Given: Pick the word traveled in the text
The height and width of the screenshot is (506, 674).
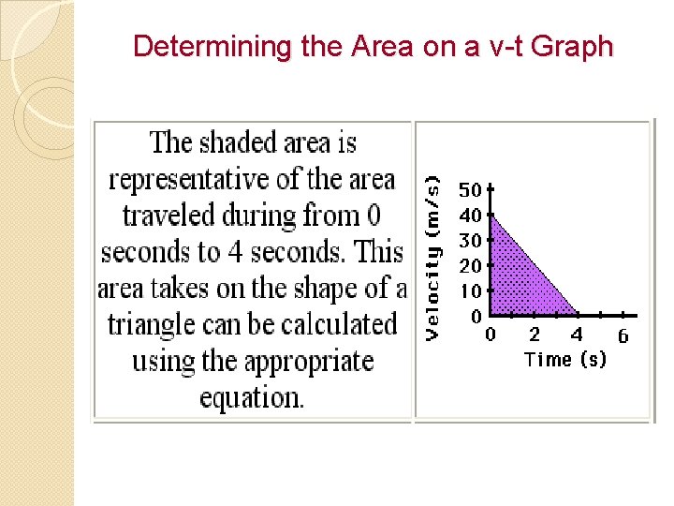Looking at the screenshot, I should (169, 216).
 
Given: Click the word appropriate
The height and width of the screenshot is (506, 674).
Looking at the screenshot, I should (309, 361).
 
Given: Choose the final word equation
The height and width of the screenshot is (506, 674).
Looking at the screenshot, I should (252, 397).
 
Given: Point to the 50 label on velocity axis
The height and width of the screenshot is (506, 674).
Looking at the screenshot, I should (470, 189).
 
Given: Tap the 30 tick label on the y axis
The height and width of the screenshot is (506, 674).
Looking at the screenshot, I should (470, 240).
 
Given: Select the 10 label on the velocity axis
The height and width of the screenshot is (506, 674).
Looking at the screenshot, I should (470, 290).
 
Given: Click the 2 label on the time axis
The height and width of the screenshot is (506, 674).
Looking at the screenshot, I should (534, 335).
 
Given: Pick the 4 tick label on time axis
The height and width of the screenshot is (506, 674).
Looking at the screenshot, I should (577, 335).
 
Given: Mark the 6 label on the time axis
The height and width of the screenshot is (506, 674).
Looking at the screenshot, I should (623, 335).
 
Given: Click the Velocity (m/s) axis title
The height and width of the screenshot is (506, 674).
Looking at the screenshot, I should (432, 259).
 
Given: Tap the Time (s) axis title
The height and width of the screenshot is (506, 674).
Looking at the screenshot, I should (565, 359).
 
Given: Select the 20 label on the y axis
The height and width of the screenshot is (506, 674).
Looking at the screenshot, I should (470, 265).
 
